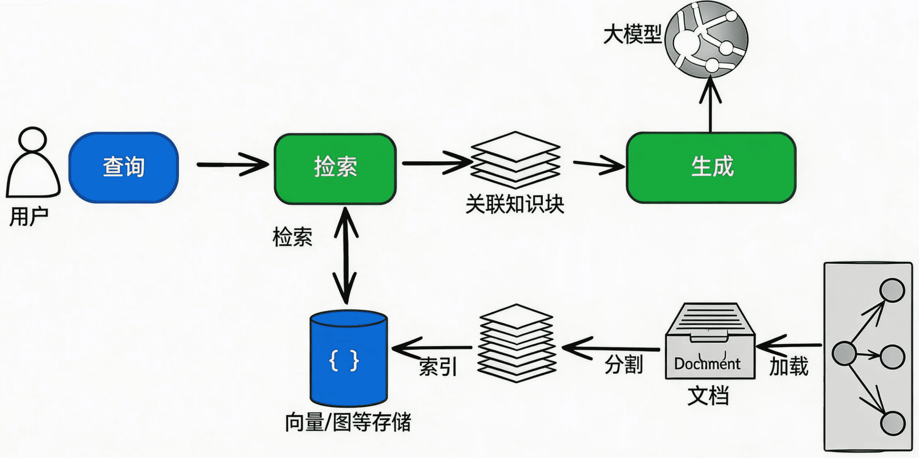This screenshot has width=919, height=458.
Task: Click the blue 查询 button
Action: click(x=123, y=167)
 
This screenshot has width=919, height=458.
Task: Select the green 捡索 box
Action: click(x=335, y=168)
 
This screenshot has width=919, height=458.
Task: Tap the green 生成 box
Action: click(x=711, y=167)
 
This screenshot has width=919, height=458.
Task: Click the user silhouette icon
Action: click(x=33, y=164)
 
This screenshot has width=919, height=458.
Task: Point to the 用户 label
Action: click(x=29, y=217)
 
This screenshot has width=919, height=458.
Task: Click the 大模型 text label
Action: click(x=632, y=34)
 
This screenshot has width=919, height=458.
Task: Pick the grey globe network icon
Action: click(x=706, y=39)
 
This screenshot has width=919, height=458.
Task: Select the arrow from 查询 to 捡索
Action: click(x=232, y=164)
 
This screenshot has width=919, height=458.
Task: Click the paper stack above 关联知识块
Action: click(x=515, y=160)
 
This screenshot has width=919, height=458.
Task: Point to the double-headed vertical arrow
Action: click(x=346, y=255)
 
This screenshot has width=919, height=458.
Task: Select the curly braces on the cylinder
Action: click(x=344, y=361)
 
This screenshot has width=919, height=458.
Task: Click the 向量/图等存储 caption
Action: click(x=348, y=422)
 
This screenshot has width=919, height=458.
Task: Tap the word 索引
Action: click(x=438, y=367)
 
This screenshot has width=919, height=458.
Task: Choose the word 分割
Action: click(x=623, y=364)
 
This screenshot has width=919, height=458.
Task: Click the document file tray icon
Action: click(x=709, y=341)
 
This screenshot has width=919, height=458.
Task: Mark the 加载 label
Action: click(x=788, y=366)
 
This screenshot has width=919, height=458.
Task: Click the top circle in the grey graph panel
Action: click(x=892, y=290)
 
